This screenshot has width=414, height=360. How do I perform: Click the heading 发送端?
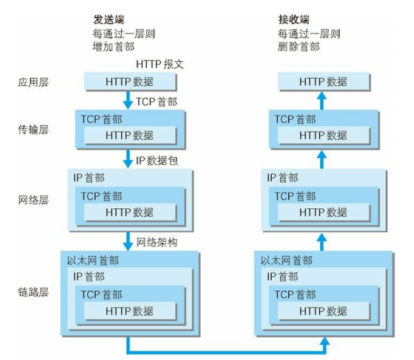109,20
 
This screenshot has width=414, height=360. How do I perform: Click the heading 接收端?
294,20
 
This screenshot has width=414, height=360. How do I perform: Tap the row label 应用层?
34,82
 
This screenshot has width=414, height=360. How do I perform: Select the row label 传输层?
34,130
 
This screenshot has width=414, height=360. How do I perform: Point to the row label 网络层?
34,200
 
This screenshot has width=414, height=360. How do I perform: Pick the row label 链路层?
34,292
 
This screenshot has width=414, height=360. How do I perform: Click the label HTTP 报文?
160,64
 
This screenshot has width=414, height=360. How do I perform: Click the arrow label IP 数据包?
157,161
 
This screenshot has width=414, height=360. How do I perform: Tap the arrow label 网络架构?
157,242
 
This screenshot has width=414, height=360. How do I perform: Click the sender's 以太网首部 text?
93,261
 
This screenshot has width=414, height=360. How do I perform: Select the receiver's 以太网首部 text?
287,261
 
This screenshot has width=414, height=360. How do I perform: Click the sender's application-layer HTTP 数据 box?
130,82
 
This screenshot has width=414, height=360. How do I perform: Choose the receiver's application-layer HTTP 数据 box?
324,82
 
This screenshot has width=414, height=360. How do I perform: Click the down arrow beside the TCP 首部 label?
128,100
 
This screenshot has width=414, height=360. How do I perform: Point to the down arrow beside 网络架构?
128,241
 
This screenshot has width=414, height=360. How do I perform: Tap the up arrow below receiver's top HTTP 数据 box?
321,100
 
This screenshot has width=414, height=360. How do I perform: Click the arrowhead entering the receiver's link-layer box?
325,341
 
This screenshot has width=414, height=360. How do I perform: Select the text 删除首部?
299,47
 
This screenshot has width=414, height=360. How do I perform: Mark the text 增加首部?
113,47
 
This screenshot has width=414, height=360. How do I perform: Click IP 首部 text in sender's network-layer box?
89,178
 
